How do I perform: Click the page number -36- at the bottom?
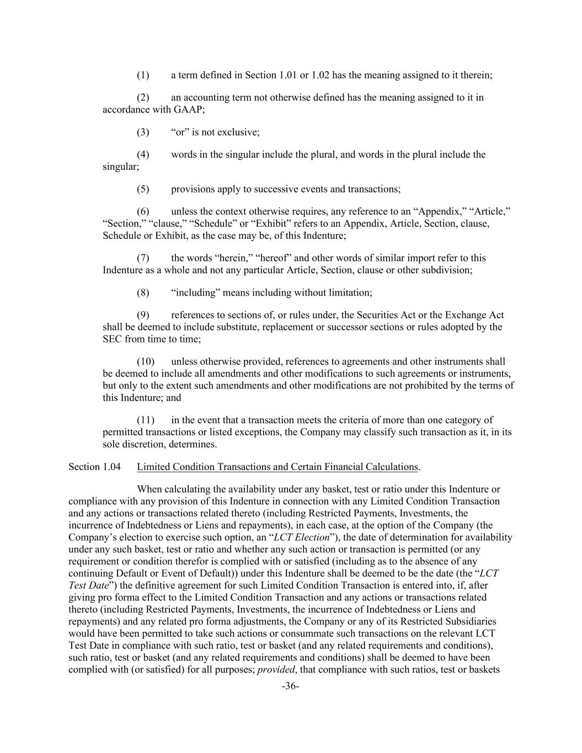pyautogui.click(x=290, y=686)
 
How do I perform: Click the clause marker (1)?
pyautogui.click(x=143, y=75)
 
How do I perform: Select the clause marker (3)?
pyautogui.click(x=143, y=132)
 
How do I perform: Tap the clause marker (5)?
pyautogui.click(x=143, y=189)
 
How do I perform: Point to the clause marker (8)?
pyautogui.click(x=143, y=292)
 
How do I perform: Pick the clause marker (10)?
pyautogui.click(x=145, y=362)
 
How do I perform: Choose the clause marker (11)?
pyautogui.click(x=145, y=420)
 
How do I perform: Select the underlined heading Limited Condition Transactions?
pyautogui.click(x=277, y=467)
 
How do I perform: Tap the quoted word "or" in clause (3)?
pyautogui.click(x=180, y=132)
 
